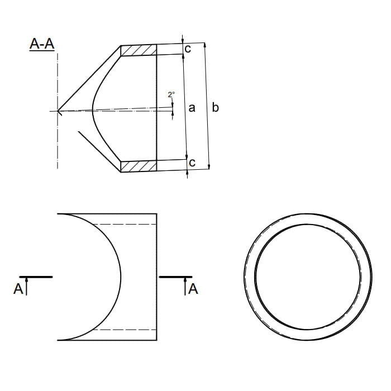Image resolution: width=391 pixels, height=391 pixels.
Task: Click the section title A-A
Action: click(x=42, y=44)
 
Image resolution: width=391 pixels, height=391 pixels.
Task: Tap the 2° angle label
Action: click(x=171, y=94)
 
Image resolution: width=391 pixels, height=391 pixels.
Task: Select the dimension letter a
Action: click(x=192, y=108)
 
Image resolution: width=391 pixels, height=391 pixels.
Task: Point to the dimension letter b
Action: click(x=215, y=107)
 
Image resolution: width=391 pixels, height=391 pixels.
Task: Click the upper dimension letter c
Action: click(x=188, y=49)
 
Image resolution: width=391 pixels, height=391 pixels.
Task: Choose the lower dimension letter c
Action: click(x=192, y=163)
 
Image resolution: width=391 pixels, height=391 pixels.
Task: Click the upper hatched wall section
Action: click(x=139, y=50)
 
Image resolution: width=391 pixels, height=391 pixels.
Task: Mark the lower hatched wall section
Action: click(x=139, y=166)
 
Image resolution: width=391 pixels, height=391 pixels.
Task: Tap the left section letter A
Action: click(x=18, y=289)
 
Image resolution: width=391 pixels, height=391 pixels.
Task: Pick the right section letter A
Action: click(x=193, y=289)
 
